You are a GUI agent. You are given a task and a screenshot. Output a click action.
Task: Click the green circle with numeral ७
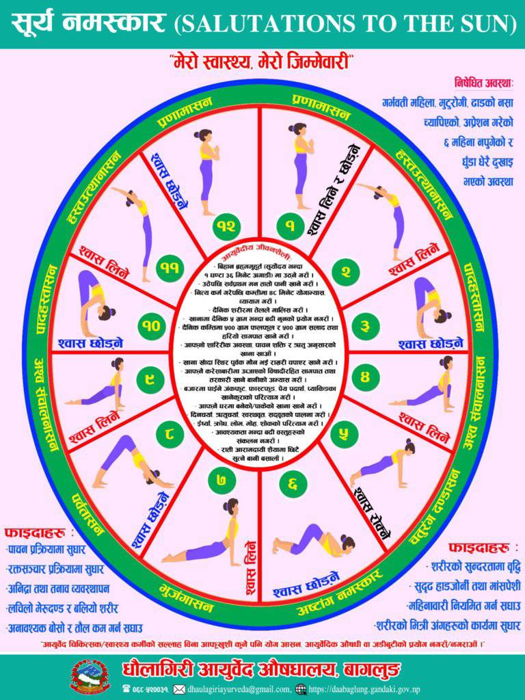(x=221, y=480)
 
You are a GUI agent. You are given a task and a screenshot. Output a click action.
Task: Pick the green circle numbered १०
(x=150, y=326)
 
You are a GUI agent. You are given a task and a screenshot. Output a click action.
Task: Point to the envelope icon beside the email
(x=179, y=688)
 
